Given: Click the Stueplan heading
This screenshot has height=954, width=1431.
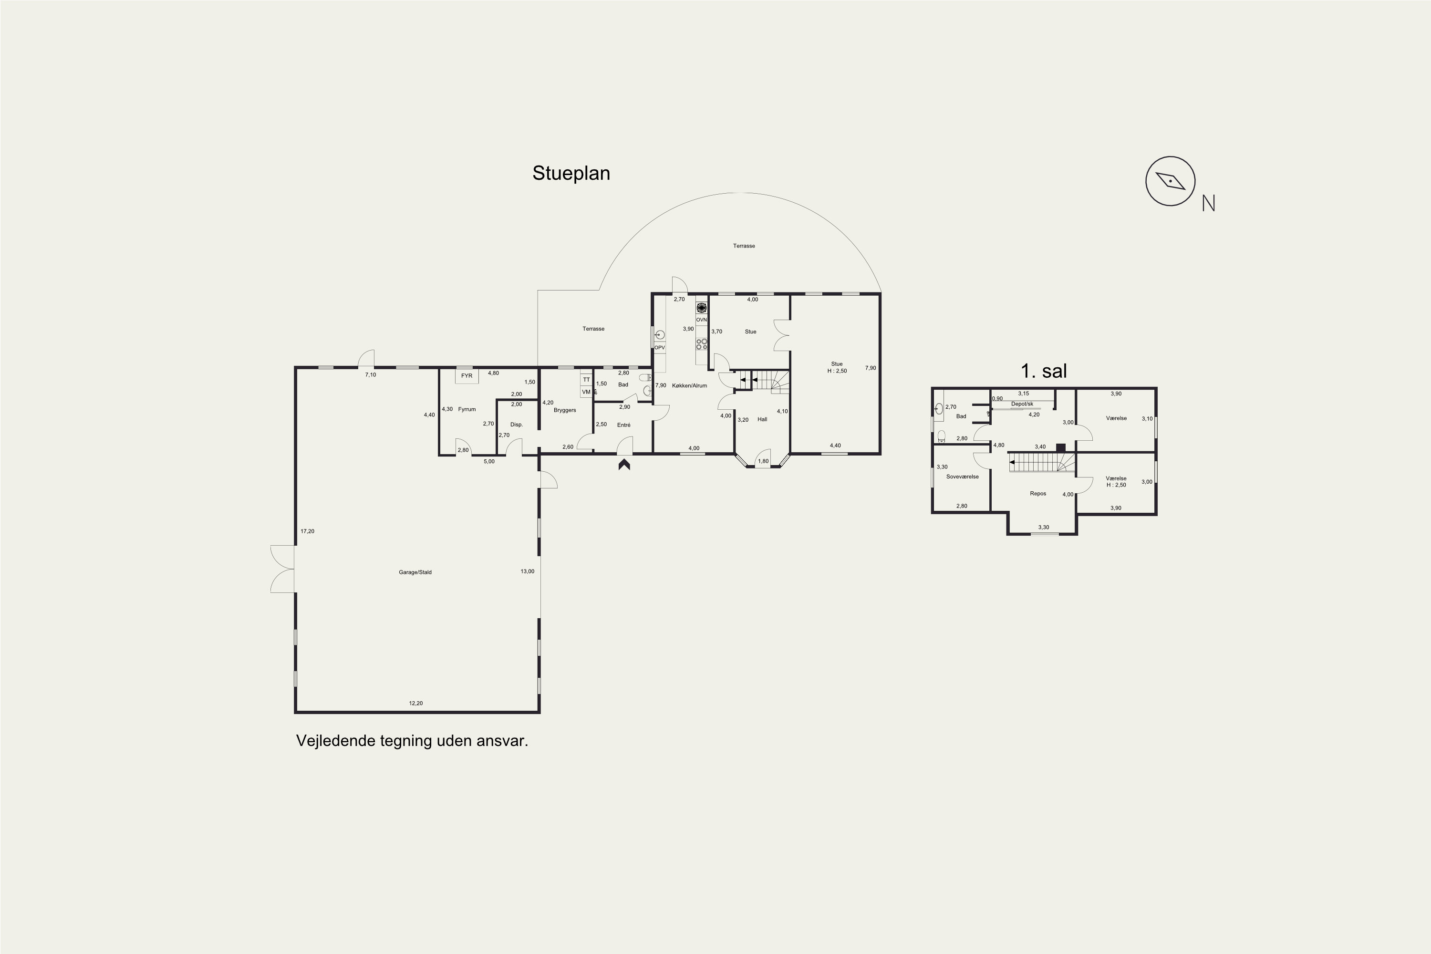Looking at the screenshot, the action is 571,174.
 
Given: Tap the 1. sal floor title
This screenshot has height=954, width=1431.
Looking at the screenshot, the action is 1044,371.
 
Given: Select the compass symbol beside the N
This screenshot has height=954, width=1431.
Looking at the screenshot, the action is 1170,181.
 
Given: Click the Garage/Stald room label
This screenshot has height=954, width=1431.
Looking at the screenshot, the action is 415,572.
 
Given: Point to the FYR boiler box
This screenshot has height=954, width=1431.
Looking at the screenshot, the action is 467,376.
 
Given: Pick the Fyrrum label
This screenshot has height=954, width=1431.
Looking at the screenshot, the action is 467,409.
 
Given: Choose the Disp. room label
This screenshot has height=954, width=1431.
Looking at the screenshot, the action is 517,425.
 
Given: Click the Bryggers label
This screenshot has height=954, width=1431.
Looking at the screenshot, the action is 565,410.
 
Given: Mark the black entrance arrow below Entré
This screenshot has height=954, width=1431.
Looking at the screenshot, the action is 624,465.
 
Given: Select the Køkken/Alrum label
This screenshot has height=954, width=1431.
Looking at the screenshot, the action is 689,386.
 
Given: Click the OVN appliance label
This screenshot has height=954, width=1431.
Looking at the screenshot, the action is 702,320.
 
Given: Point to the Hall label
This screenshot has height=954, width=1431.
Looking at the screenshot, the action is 762,420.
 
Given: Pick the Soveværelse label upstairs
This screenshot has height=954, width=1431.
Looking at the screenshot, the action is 963,477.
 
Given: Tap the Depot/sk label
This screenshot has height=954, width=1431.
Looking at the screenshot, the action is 1022,404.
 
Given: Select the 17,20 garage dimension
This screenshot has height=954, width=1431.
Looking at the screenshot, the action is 307,532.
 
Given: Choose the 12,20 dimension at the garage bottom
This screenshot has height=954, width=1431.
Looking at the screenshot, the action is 415,703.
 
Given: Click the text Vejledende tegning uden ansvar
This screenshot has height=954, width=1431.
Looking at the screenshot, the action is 412,741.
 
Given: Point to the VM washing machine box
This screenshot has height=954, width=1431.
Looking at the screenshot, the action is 586,392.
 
